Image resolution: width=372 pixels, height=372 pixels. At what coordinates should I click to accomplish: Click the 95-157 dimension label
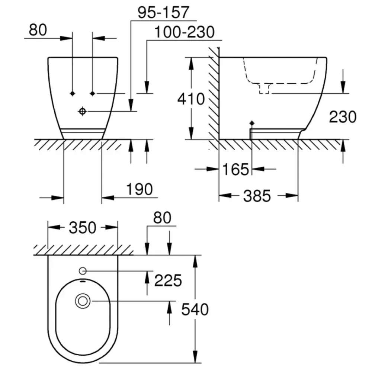[163, 12]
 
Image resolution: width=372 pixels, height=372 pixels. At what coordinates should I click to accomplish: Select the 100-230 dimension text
[185, 32]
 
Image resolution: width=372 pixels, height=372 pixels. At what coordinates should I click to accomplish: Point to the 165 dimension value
[235, 169]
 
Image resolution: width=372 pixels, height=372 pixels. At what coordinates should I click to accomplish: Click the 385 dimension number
[257, 196]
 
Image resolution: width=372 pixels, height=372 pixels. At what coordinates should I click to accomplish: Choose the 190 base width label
[139, 189]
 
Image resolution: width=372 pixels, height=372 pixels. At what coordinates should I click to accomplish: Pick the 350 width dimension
[83, 228]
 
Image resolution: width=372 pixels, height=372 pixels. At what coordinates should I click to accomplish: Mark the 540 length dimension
[195, 310]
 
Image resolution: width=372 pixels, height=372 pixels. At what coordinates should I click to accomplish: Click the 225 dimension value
[168, 280]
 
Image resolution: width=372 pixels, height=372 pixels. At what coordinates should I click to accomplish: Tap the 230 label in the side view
[343, 117]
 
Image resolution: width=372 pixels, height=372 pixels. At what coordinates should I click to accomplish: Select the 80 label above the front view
[38, 30]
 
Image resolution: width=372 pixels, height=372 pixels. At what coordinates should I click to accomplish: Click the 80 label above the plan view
[162, 218]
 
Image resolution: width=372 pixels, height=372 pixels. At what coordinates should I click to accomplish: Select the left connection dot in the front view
[73, 93]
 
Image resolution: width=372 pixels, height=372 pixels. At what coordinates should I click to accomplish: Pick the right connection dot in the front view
[93, 93]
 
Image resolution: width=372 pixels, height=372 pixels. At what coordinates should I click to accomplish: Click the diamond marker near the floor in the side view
[252, 124]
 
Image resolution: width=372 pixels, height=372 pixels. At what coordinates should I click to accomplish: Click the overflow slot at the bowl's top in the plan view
[83, 281]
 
